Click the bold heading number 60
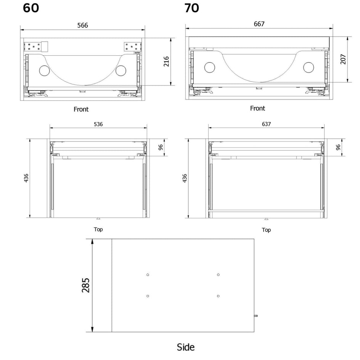pyautogui.click(x=31, y=8)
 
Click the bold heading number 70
pyautogui.click(x=192, y=8)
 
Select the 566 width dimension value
pyautogui.click(x=83, y=25)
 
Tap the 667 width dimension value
pyautogui.click(x=259, y=24)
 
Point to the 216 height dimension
pyautogui.click(x=166, y=61)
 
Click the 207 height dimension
pyautogui.click(x=343, y=59)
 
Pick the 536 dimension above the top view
pyautogui.click(x=98, y=124)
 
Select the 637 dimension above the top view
pyautogui.click(x=266, y=124)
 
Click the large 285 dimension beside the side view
pyautogui.click(x=86, y=285)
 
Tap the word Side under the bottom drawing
pyautogui.click(x=186, y=347)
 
